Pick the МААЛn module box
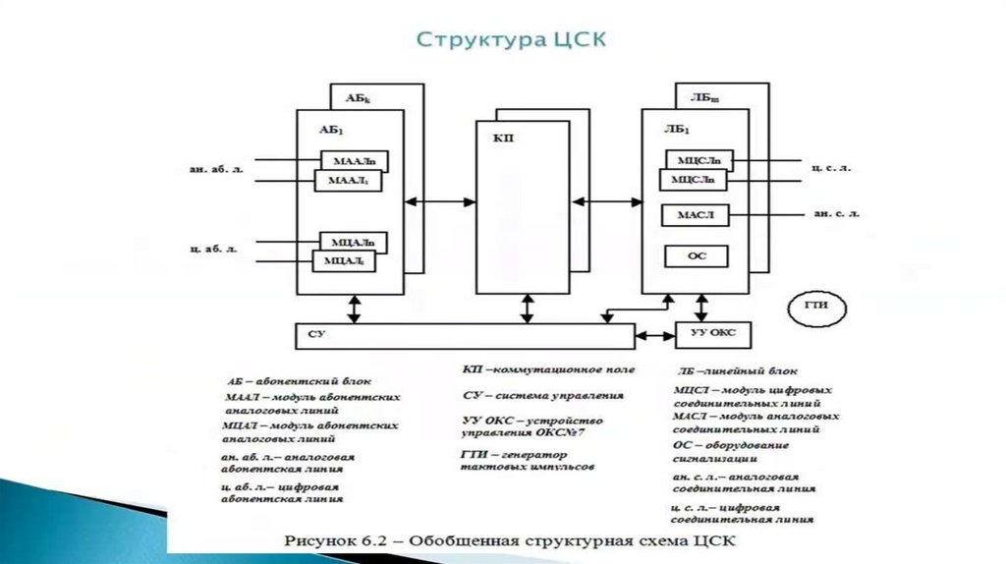(355, 161)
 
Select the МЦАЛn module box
(354, 242)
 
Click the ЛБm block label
(704, 97)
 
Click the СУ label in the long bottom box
(316, 335)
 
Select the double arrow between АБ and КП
(439, 201)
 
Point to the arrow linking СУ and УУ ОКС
(655, 335)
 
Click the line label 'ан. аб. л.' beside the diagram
(215, 169)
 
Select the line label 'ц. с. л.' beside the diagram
(832, 168)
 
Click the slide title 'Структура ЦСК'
(512, 40)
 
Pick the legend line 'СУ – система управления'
(542, 395)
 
